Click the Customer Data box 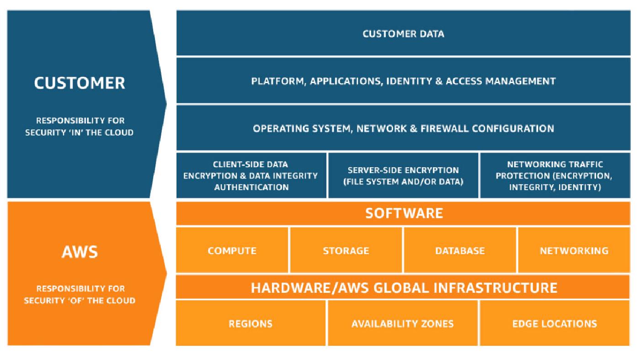(x=403, y=33)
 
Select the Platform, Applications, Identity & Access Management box (x=403, y=81)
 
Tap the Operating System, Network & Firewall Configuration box (x=403, y=128)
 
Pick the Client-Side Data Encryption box (x=251, y=175)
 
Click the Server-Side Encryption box (x=403, y=175)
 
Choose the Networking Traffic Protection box (x=555, y=175)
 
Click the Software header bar (x=403, y=213)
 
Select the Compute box (x=232, y=250)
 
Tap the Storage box (x=346, y=250)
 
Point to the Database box (x=460, y=250)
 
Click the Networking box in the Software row (x=574, y=250)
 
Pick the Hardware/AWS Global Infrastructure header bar (x=403, y=287)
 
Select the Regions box (x=251, y=323)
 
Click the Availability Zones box (x=403, y=323)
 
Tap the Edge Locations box (x=555, y=323)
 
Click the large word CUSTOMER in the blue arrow (x=80, y=83)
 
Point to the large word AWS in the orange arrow (x=80, y=252)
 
